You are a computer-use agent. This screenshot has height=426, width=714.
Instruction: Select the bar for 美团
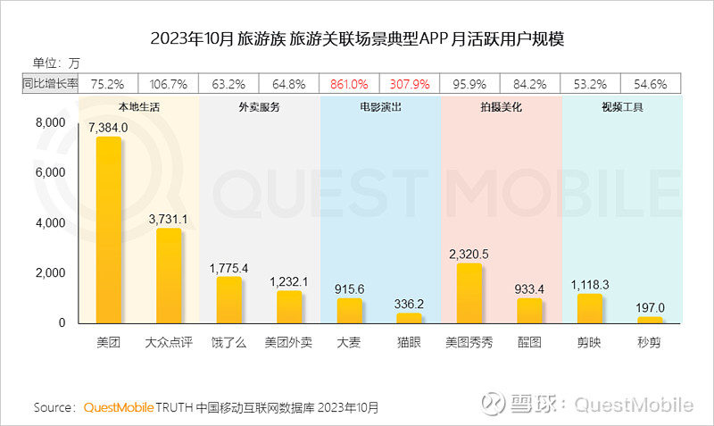click(x=107, y=230)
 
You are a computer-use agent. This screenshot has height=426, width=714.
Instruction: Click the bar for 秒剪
click(x=651, y=319)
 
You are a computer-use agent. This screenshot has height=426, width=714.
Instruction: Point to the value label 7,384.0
click(x=107, y=128)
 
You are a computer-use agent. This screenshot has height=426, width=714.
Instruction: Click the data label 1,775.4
click(x=228, y=267)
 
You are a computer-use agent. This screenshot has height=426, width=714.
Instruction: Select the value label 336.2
click(x=410, y=304)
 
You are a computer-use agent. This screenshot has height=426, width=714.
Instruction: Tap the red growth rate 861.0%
click(x=350, y=85)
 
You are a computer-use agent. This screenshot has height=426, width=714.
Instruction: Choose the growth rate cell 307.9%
click(x=410, y=85)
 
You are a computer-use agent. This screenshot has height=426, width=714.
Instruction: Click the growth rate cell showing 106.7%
click(x=168, y=85)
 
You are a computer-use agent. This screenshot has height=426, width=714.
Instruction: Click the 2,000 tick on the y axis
click(x=50, y=272)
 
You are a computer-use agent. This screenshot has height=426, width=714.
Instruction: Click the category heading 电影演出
click(x=379, y=106)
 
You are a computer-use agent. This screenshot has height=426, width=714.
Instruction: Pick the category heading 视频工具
click(x=621, y=106)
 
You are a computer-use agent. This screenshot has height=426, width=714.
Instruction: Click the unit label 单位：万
click(x=56, y=63)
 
